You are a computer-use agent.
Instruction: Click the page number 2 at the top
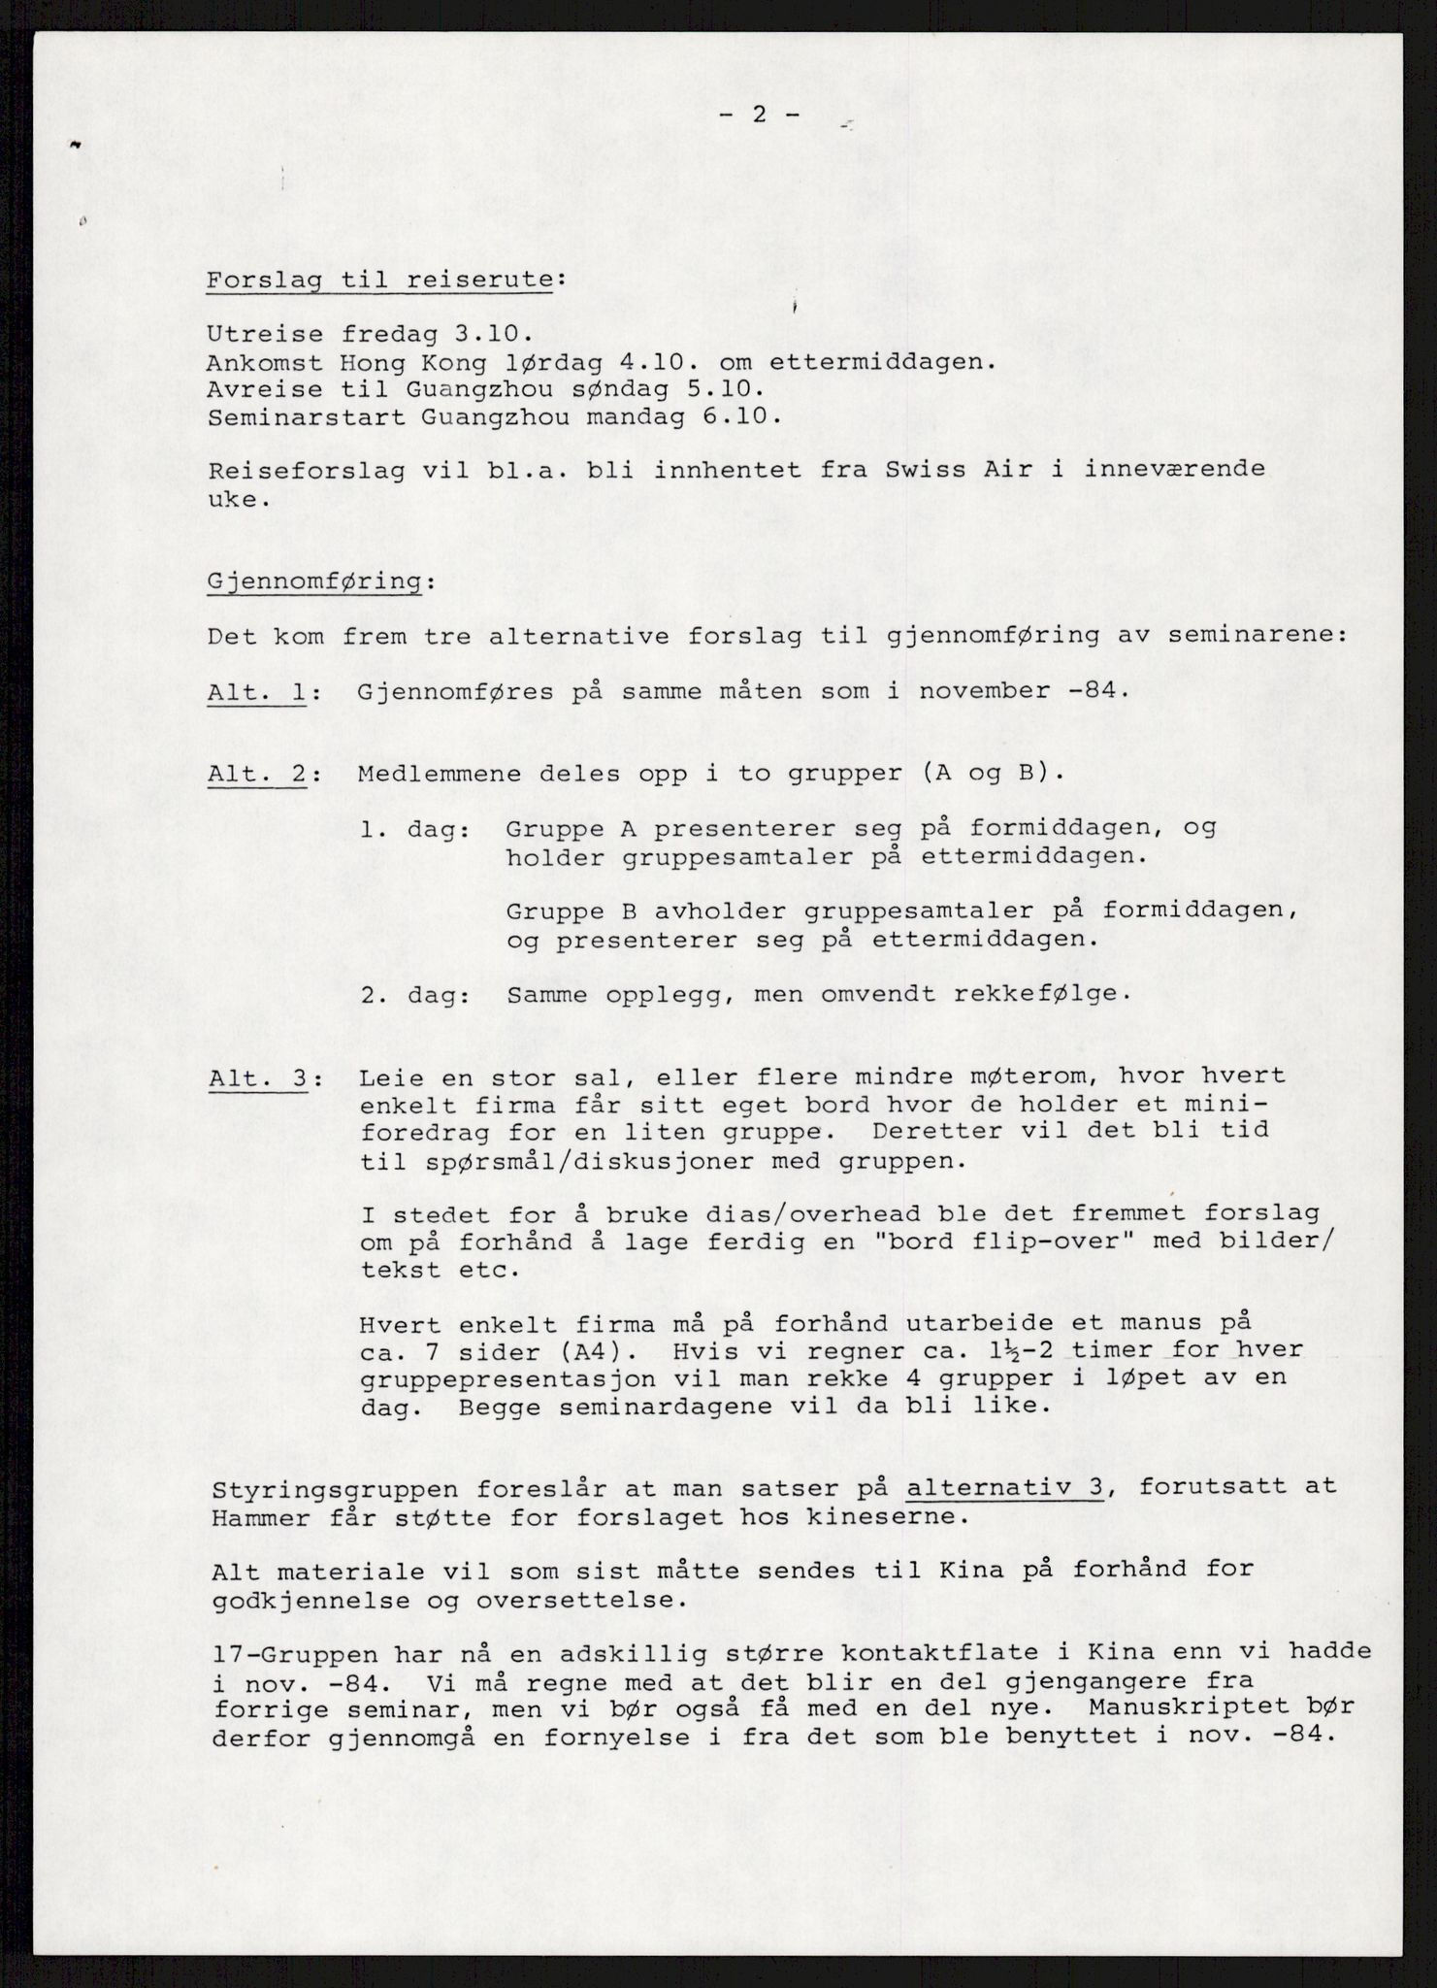[759, 115]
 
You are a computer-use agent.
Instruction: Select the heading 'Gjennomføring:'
[315, 581]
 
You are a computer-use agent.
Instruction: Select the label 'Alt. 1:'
[257, 692]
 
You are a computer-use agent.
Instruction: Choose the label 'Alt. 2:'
[257, 775]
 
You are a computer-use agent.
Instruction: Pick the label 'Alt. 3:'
[257, 1078]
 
